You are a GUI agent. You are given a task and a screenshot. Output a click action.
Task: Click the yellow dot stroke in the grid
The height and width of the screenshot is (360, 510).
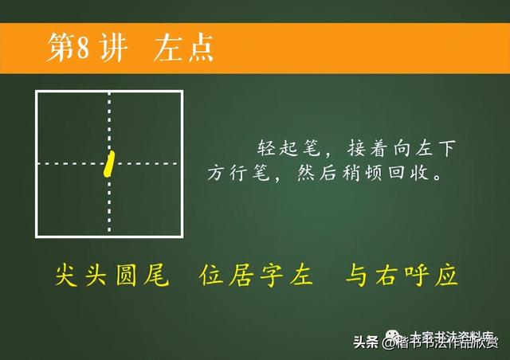(x=110, y=162)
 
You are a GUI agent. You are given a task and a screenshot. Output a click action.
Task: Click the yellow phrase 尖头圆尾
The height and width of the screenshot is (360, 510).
(x=112, y=276)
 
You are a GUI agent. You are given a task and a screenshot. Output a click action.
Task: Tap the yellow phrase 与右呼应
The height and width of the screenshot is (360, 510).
(x=402, y=276)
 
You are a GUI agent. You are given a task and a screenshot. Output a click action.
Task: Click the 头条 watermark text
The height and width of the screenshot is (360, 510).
(x=367, y=342)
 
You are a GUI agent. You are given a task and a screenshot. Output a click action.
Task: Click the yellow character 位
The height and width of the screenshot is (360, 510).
(x=213, y=276)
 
